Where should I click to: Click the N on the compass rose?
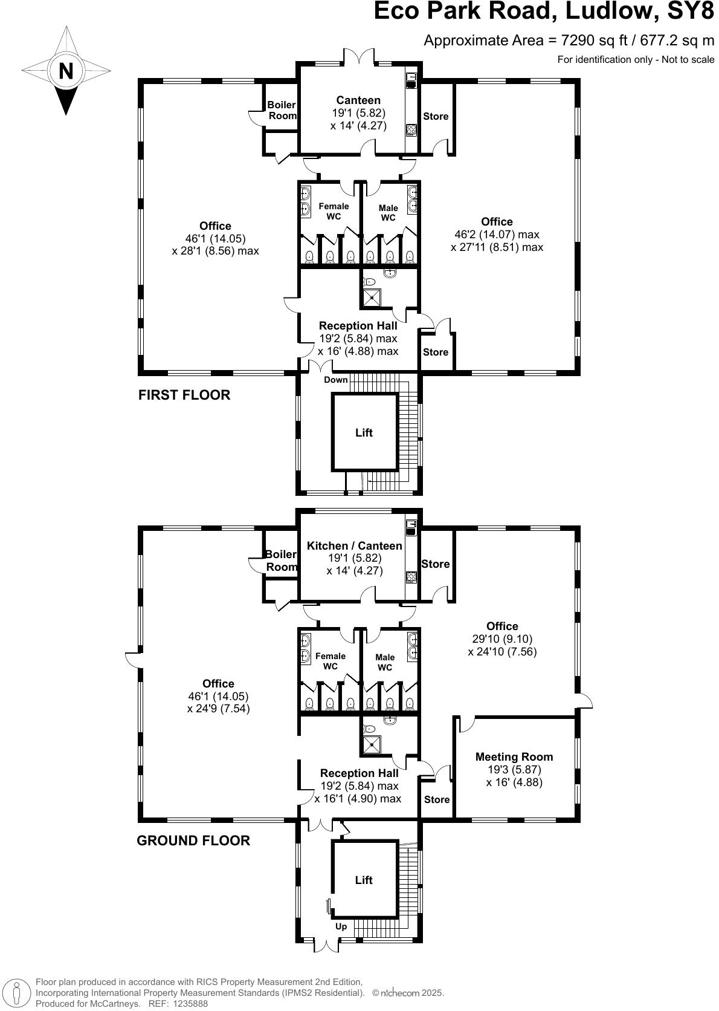click(x=65, y=71)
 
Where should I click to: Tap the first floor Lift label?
click(x=364, y=433)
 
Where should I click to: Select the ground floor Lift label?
click(x=364, y=880)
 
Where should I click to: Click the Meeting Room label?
click(x=514, y=756)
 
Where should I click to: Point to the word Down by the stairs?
click(x=336, y=380)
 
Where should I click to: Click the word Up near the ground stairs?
click(x=341, y=926)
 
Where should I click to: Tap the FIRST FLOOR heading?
click(x=184, y=395)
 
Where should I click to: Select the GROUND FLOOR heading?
click(x=193, y=840)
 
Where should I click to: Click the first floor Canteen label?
click(x=358, y=100)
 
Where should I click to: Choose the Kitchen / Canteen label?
click(x=355, y=546)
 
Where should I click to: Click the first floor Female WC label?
click(x=334, y=211)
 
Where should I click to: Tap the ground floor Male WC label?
click(x=385, y=662)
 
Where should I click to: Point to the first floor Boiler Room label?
click(x=282, y=110)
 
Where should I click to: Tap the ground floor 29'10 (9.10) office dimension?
click(x=502, y=639)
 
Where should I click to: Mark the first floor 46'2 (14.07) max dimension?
click(x=497, y=235)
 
